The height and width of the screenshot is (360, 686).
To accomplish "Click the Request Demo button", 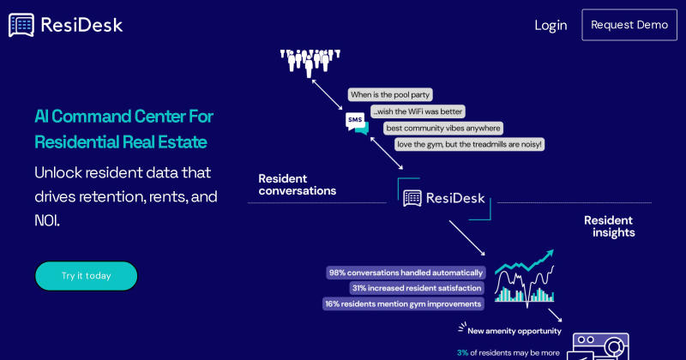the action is pos(629,25).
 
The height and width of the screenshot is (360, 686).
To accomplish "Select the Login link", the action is pos(551,26).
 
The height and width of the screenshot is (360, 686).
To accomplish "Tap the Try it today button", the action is pos(87,276).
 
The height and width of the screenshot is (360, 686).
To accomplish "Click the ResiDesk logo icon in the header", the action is pos(21,25).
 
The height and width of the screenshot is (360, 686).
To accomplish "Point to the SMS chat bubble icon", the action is pos(357,123).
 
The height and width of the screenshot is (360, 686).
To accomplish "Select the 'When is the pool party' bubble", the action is pos(390,94).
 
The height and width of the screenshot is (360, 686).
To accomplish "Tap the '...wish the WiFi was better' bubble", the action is pos(418,111).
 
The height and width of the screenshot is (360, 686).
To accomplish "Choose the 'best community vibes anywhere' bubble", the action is pos(443,129).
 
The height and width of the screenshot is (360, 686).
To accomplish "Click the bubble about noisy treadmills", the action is pos(469,144).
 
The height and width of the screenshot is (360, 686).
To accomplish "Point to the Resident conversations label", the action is pos(298,184).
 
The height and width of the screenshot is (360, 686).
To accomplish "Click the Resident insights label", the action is pos(609,226).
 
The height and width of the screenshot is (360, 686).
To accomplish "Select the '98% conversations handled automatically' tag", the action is pos(406,273).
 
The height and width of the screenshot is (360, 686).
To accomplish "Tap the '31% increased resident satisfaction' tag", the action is pos(417,288).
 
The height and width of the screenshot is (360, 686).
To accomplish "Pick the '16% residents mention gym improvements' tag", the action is pos(403,304).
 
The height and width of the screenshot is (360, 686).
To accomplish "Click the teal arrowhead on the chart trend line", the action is pos(549,255).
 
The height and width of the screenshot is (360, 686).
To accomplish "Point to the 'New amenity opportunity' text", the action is pos(514,331).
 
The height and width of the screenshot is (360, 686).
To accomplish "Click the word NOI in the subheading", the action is pos(47,220).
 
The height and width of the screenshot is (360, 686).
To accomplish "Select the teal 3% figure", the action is pos(462,352).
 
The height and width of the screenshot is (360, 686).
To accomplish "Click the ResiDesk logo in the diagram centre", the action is pos(443,198).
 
